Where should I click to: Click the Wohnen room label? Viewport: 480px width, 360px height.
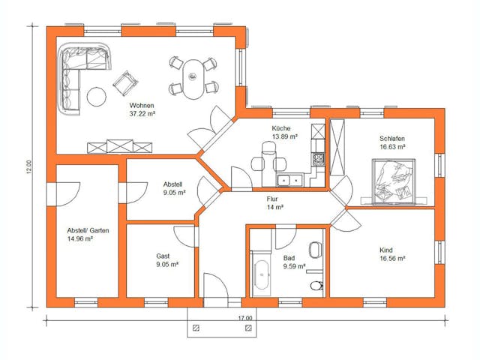pyautogui.click(x=142, y=106)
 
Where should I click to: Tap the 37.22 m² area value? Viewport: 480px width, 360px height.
pyautogui.click(x=142, y=114)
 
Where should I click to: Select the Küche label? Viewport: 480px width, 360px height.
pyautogui.click(x=281, y=128)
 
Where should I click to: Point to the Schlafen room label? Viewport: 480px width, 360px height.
pyautogui.click(x=392, y=138)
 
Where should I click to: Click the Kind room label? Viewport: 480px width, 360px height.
pyautogui.click(x=386, y=250)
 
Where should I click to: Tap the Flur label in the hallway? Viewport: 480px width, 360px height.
pyautogui.click(x=272, y=199)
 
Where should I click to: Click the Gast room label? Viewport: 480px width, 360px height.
pyautogui.click(x=163, y=256)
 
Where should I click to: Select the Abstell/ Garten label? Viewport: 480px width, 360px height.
pyautogui.click(x=88, y=230)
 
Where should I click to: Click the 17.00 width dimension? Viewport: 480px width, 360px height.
pyautogui.click(x=245, y=318)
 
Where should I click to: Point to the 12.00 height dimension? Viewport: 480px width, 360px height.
pyautogui.click(x=28, y=167)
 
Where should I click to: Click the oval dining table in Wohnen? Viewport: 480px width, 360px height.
pyautogui.click(x=193, y=79)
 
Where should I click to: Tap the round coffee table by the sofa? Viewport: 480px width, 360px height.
pyautogui.click(x=97, y=97)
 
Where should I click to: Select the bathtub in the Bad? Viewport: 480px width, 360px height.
pyautogui.click(x=262, y=274)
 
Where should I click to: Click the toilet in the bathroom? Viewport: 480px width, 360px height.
pyautogui.click(x=316, y=286)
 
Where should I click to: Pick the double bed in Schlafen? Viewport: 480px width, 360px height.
pyautogui.click(x=394, y=181)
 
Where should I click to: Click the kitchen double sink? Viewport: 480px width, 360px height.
pyautogui.click(x=290, y=180)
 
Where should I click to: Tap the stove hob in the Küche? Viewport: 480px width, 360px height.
pyautogui.click(x=318, y=160)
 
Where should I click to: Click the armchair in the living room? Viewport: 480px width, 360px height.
pyautogui.click(x=125, y=83)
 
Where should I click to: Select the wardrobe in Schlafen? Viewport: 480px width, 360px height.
pyautogui.click(x=337, y=147)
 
